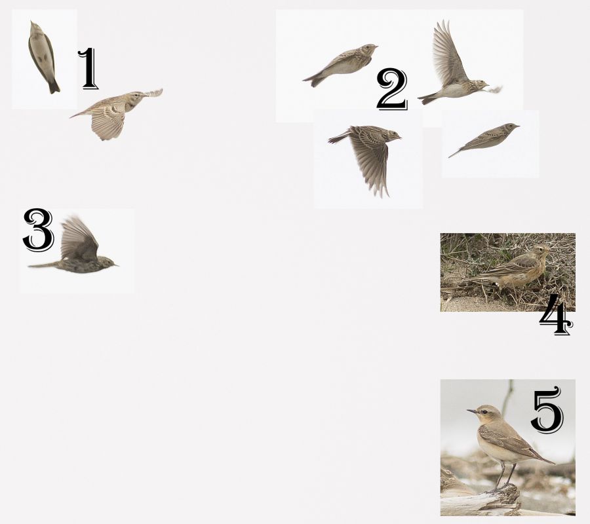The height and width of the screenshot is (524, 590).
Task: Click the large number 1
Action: click(x=88, y=69)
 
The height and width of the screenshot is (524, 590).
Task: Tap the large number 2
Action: click(x=392, y=90)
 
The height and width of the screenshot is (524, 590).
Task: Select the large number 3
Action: click(x=39, y=230)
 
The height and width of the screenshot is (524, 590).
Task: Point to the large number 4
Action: click(x=556, y=315)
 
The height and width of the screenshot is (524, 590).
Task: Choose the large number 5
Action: click(x=548, y=410)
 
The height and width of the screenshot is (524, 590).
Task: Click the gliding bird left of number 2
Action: click(x=340, y=64)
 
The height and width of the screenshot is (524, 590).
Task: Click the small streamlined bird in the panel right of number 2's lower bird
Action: click(x=484, y=139)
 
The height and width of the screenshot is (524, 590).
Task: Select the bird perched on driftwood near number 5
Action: click(x=504, y=443)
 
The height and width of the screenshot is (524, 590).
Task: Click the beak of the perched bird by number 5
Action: click(x=471, y=411)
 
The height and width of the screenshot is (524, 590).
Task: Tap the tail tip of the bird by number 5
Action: click(x=553, y=462)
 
